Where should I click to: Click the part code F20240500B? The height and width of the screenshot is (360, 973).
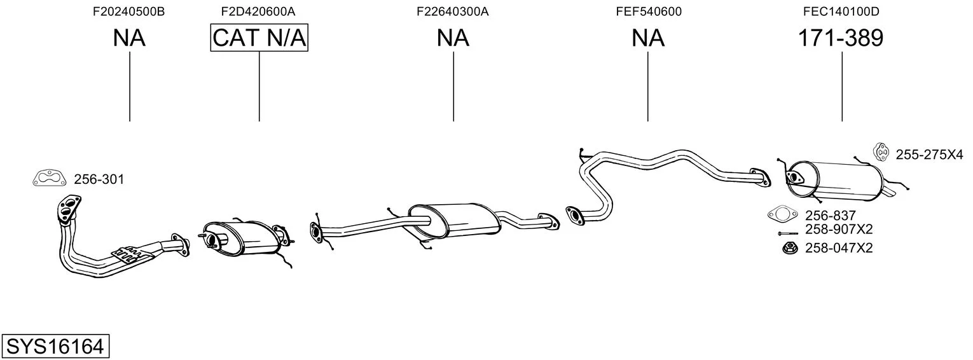129,11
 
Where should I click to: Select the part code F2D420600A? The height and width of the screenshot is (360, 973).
258,11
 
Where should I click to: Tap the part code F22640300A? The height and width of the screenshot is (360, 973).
453,11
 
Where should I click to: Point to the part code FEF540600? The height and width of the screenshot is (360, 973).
648,11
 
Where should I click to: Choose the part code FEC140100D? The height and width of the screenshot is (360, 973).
842,11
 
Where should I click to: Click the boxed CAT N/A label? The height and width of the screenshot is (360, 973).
259,38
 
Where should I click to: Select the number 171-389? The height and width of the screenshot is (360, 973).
841,38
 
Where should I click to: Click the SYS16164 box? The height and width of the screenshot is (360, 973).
55,347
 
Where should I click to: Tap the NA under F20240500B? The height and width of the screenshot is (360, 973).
129,38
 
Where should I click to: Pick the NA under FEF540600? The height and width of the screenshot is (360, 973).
648,38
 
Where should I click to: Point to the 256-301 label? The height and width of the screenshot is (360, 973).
99,180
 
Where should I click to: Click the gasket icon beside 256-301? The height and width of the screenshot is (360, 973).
49,179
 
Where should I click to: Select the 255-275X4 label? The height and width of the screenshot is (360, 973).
929,154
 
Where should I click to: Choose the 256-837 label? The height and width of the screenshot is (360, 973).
831,216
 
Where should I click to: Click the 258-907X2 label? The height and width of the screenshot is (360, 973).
839,229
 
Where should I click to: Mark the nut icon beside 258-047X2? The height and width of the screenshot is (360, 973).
789,247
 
